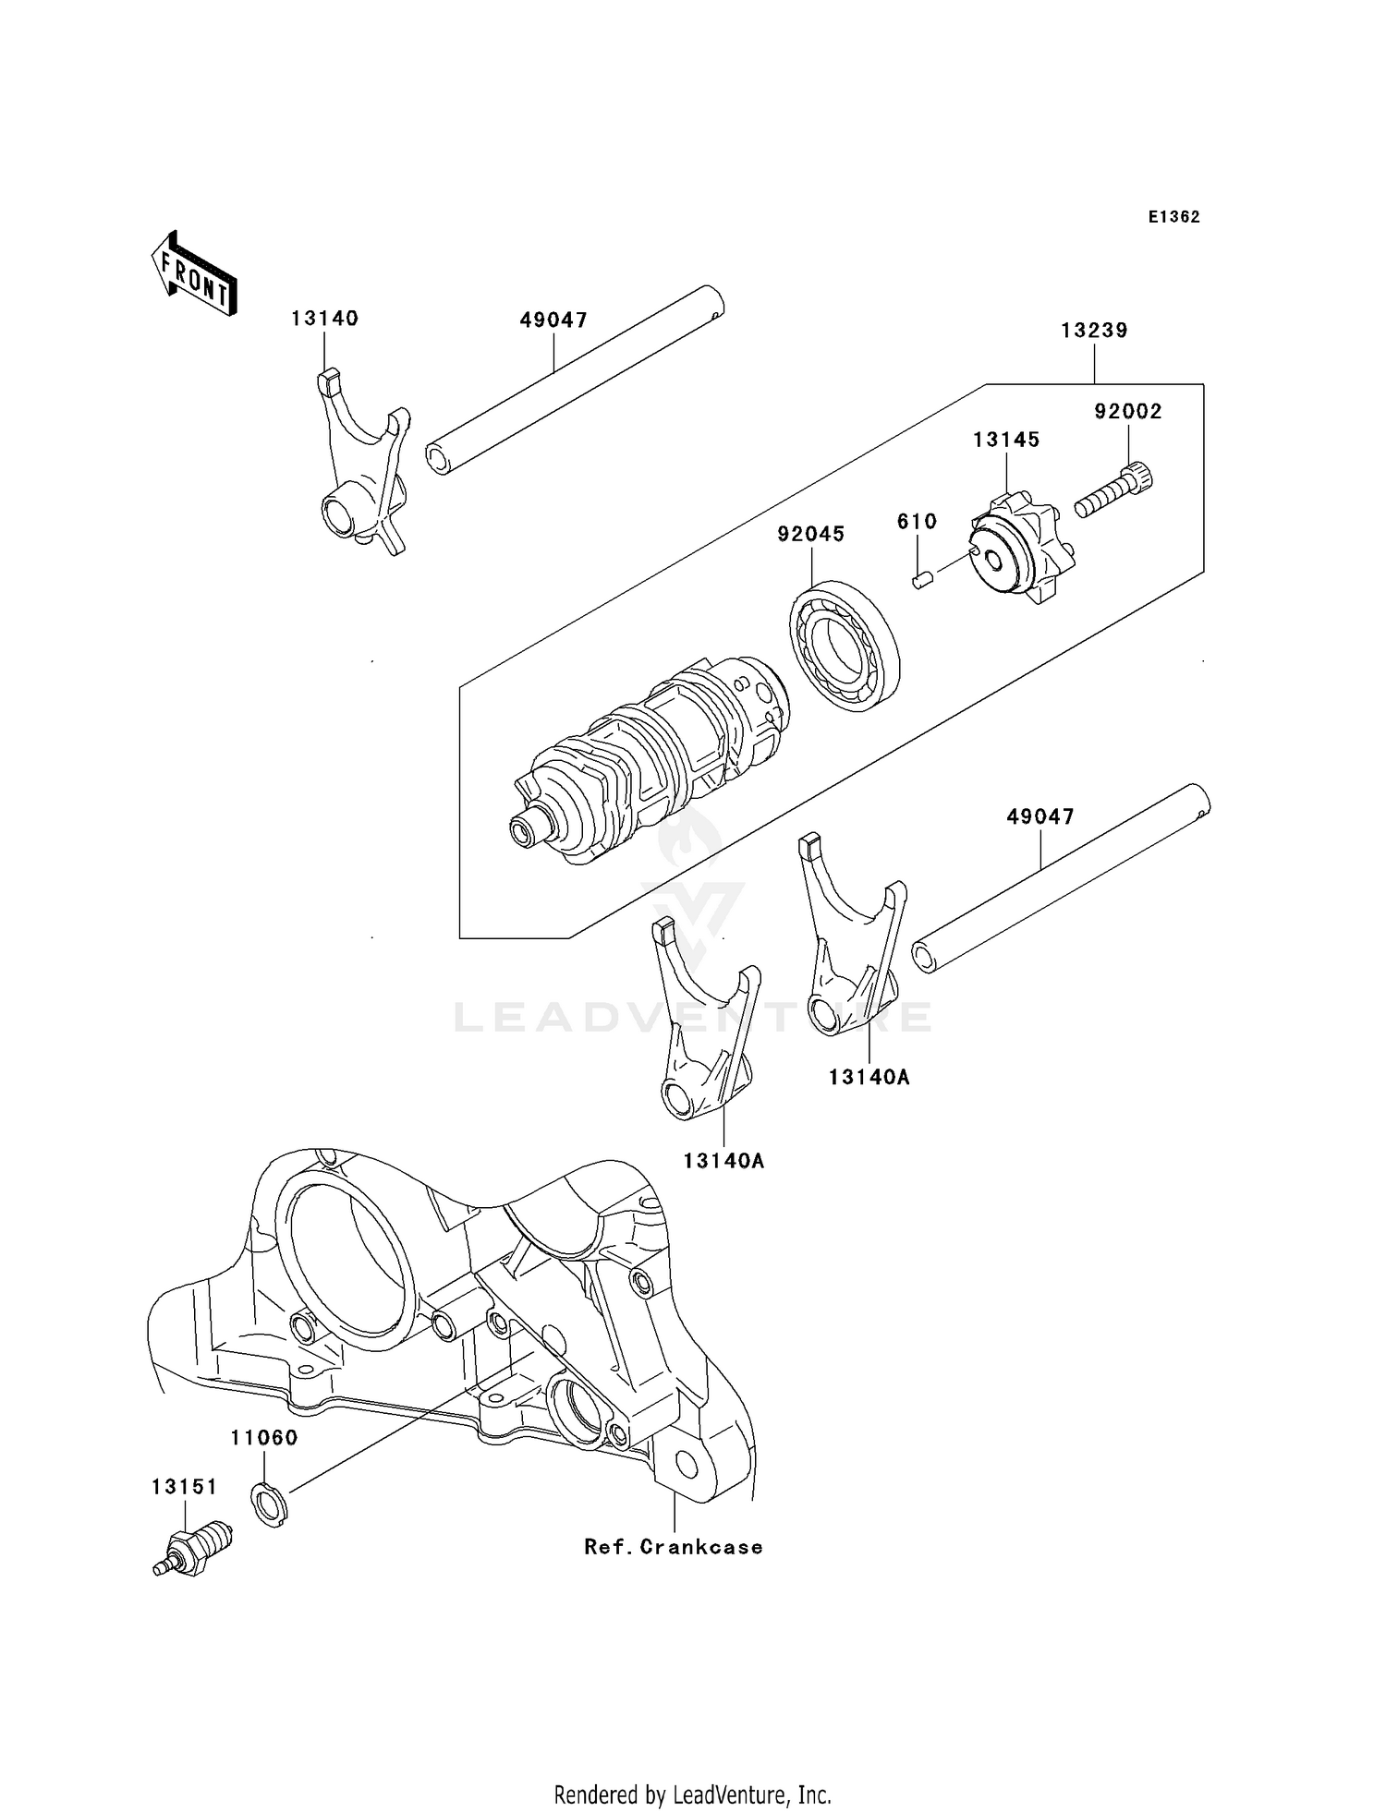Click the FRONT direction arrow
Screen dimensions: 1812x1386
(x=194, y=275)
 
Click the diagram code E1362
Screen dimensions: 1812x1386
(x=1173, y=217)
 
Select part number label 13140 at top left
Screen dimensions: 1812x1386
(x=324, y=319)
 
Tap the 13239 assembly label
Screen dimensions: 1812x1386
(x=1094, y=331)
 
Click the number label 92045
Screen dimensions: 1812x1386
(x=810, y=534)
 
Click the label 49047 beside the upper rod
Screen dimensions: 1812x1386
(x=553, y=320)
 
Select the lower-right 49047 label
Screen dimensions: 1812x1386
(x=1040, y=816)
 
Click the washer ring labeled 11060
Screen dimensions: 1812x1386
(x=269, y=1503)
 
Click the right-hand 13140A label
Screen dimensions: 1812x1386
(x=869, y=1077)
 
